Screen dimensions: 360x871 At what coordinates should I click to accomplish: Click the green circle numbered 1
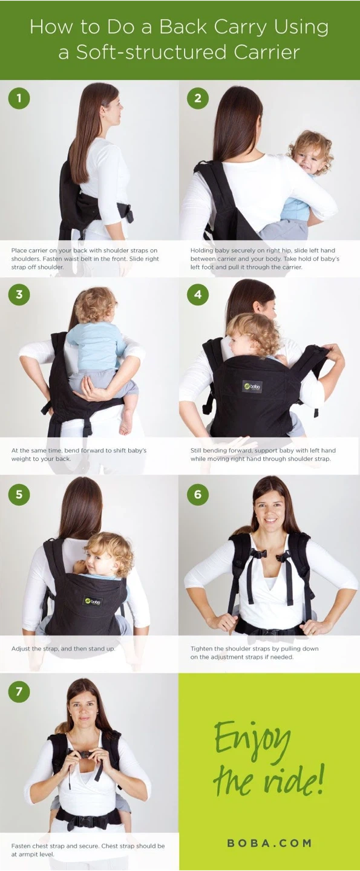coord(19,98)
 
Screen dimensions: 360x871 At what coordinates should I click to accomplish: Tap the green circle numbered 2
coord(198,98)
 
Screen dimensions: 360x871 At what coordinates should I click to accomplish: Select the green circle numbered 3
coord(19,295)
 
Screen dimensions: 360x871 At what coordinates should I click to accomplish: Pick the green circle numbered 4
coord(198,295)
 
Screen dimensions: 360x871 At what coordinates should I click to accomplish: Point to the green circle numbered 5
coord(19,494)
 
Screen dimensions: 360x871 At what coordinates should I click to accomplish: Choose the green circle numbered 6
coord(198,494)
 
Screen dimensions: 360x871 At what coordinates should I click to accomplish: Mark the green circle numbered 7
coord(19,691)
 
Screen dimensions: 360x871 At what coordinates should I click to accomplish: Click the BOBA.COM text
coord(269,843)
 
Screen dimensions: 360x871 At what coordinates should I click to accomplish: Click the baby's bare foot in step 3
coord(126,423)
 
